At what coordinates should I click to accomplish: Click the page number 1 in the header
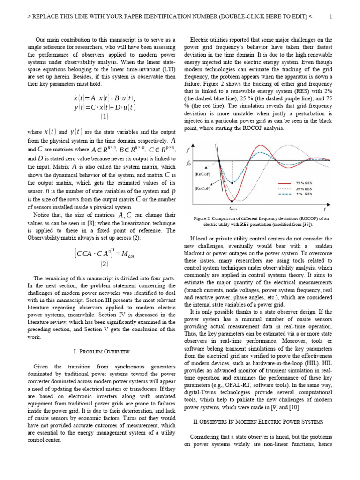pos(330,17)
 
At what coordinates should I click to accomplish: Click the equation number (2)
pos(104,264)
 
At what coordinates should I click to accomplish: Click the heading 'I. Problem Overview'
pos(102,351)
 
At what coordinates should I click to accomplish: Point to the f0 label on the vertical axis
pos(189,164)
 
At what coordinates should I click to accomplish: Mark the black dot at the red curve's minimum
pos(233,200)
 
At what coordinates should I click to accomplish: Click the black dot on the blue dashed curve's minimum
pos(233,183)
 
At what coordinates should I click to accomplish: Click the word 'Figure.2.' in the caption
pos(204,218)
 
